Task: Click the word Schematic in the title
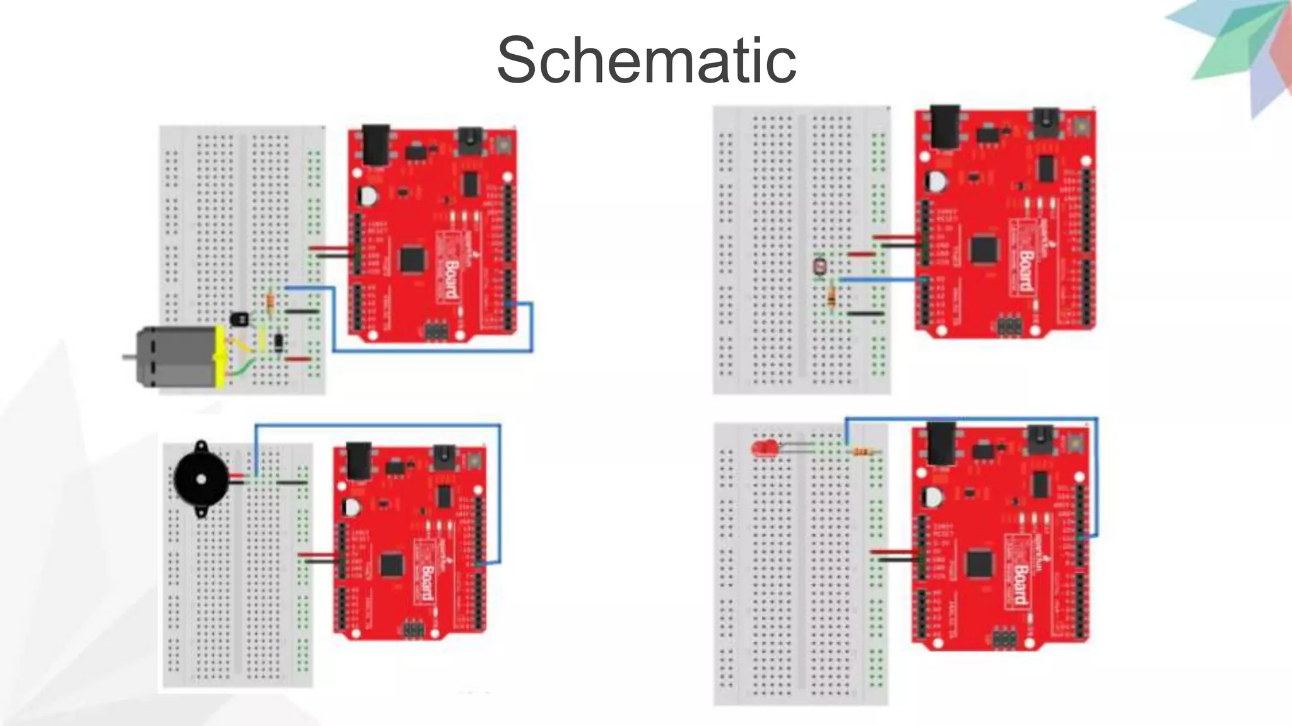click(646, 60)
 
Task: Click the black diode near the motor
click(279, 343)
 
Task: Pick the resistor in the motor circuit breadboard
click(271, 304)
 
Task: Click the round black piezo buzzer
click(201, 480)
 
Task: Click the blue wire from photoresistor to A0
click(883, 279)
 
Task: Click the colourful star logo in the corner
click(1236, 50)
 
